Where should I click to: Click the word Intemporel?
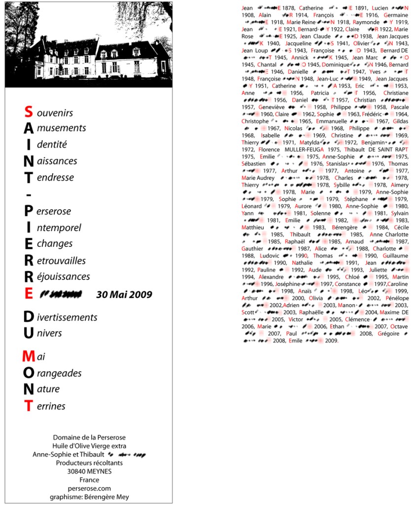pyautogui.click(x=55, y=228)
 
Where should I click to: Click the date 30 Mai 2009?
pyautogui.click(x=124, y=295)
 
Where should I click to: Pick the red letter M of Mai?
pyautogui.click(x=28, y=356)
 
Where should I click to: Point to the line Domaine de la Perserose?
pyautogui.click(x=89, y=437)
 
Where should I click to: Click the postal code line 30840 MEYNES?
pyautogui.click(x=89, y=471)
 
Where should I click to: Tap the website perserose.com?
pyautogui.click(x=89, y=488)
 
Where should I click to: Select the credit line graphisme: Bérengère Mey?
pyautogui.click(x=89, y=497)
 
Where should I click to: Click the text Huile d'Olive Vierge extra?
pyautogui.click(x=89, y=446)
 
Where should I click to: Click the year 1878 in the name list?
pyautogui.click(x=289, y=8)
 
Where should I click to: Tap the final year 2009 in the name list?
pyautogui.click(x=331, y=341)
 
